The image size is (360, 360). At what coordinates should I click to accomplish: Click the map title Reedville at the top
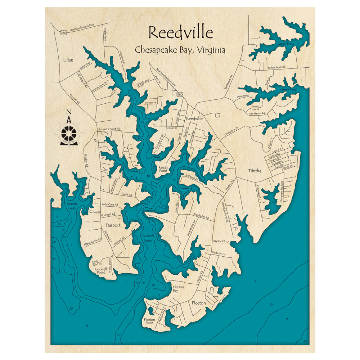click(181, 32)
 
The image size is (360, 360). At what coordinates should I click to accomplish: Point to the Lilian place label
click(68, 60)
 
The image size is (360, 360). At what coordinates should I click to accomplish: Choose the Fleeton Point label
click(149, 321)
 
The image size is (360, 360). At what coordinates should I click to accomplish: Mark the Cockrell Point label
click(100, 270)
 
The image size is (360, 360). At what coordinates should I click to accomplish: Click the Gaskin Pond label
click(285, 44)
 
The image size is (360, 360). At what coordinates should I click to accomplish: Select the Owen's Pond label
click(288, 90)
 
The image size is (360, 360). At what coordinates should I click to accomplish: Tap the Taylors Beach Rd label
click(276, 67)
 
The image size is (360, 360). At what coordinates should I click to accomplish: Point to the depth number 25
click(53, 259)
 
